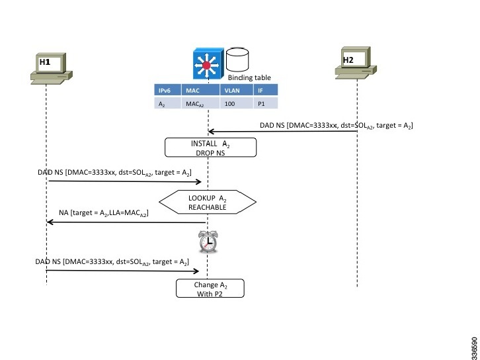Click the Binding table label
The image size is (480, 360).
tap(249, 77)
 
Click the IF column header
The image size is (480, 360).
tap(261, 91)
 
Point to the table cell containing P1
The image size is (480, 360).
tap(260, 103)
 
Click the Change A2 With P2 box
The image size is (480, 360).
tap(210, 289)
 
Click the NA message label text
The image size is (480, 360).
tap(103, 214)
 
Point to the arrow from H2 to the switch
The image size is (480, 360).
tap(284, 132)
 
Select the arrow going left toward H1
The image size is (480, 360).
tap(126, 222)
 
